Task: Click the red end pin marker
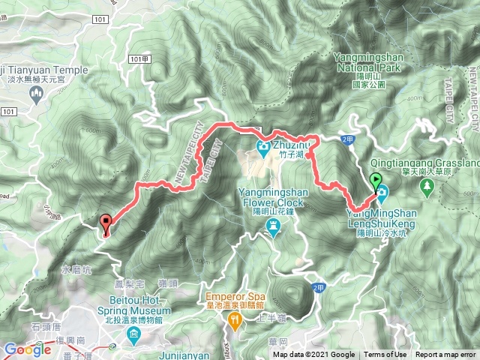tap(106, 221)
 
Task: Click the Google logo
tap(27, 349)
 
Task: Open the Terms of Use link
tap(385, 355)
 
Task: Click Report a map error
tap(445, 355)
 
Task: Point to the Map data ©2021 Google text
tap(314, 355)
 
